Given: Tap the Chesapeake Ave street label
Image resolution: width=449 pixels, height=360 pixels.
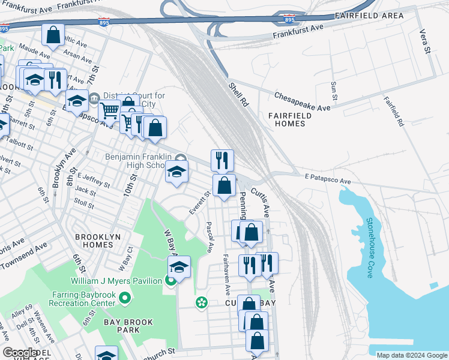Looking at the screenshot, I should tap(303, 101).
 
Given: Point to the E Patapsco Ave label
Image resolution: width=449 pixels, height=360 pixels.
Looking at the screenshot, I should tap(327, 180).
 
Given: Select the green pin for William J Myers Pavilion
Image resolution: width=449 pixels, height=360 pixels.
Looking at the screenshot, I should tap(171, 281).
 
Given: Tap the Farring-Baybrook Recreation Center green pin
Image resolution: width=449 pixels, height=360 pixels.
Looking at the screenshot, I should tap(125, 298).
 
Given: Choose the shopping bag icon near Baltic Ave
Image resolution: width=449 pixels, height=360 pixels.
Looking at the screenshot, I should tap(53, 35).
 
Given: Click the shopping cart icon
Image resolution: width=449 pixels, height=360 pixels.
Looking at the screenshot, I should tap(109, 110).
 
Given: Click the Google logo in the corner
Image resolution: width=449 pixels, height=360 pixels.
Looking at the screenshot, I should tap(20, 353).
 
